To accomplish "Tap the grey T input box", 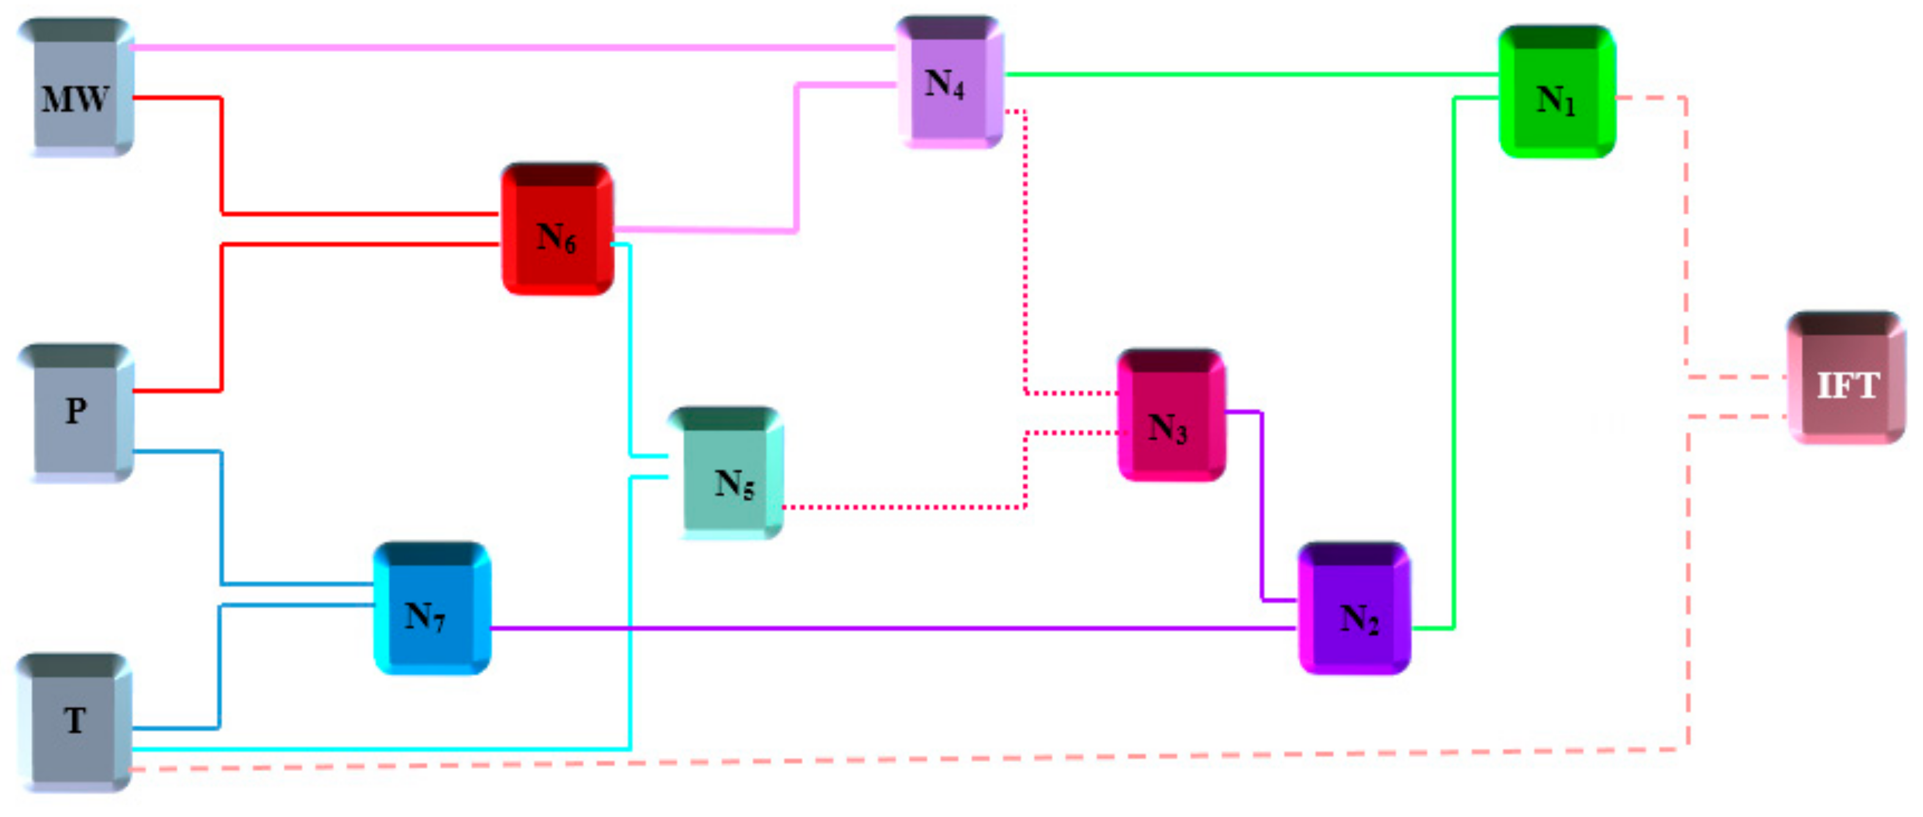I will click(x=75, y=722).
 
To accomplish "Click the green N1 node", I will click(x=1557, y=93).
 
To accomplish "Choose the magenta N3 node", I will click(x=1171, y=416).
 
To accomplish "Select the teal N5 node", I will click(x=728, y=474).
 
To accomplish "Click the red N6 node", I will click(x=557, y=230).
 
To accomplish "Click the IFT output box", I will click(x=1846, y=379).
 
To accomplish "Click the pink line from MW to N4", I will click(x=508, y=47).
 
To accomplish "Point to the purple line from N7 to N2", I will click(x=896, y=628).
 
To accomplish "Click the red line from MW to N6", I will click(x=222, y=157).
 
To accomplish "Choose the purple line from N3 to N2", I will click(x=1262, y=507).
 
